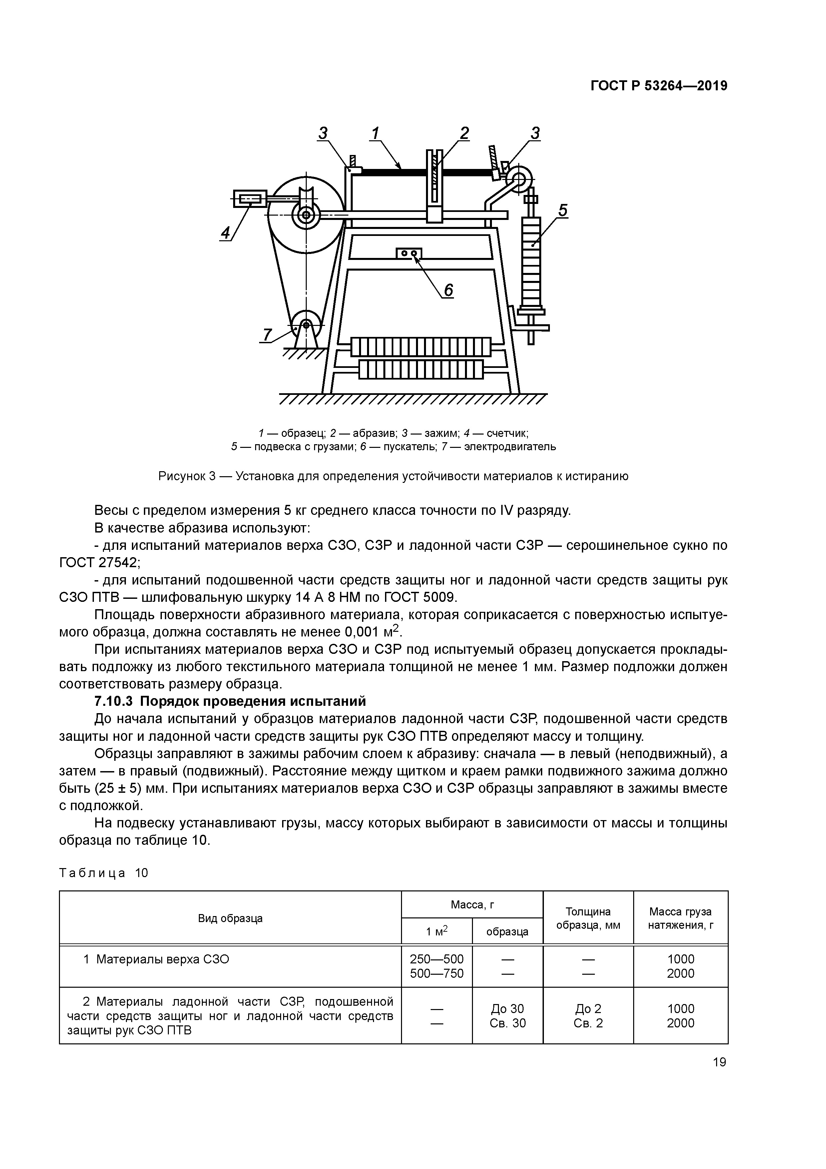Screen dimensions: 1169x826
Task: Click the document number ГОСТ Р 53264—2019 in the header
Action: pos(658,86)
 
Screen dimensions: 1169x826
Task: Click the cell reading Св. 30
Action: pos(507,1023)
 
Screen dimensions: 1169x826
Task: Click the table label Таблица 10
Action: pos(103,873)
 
